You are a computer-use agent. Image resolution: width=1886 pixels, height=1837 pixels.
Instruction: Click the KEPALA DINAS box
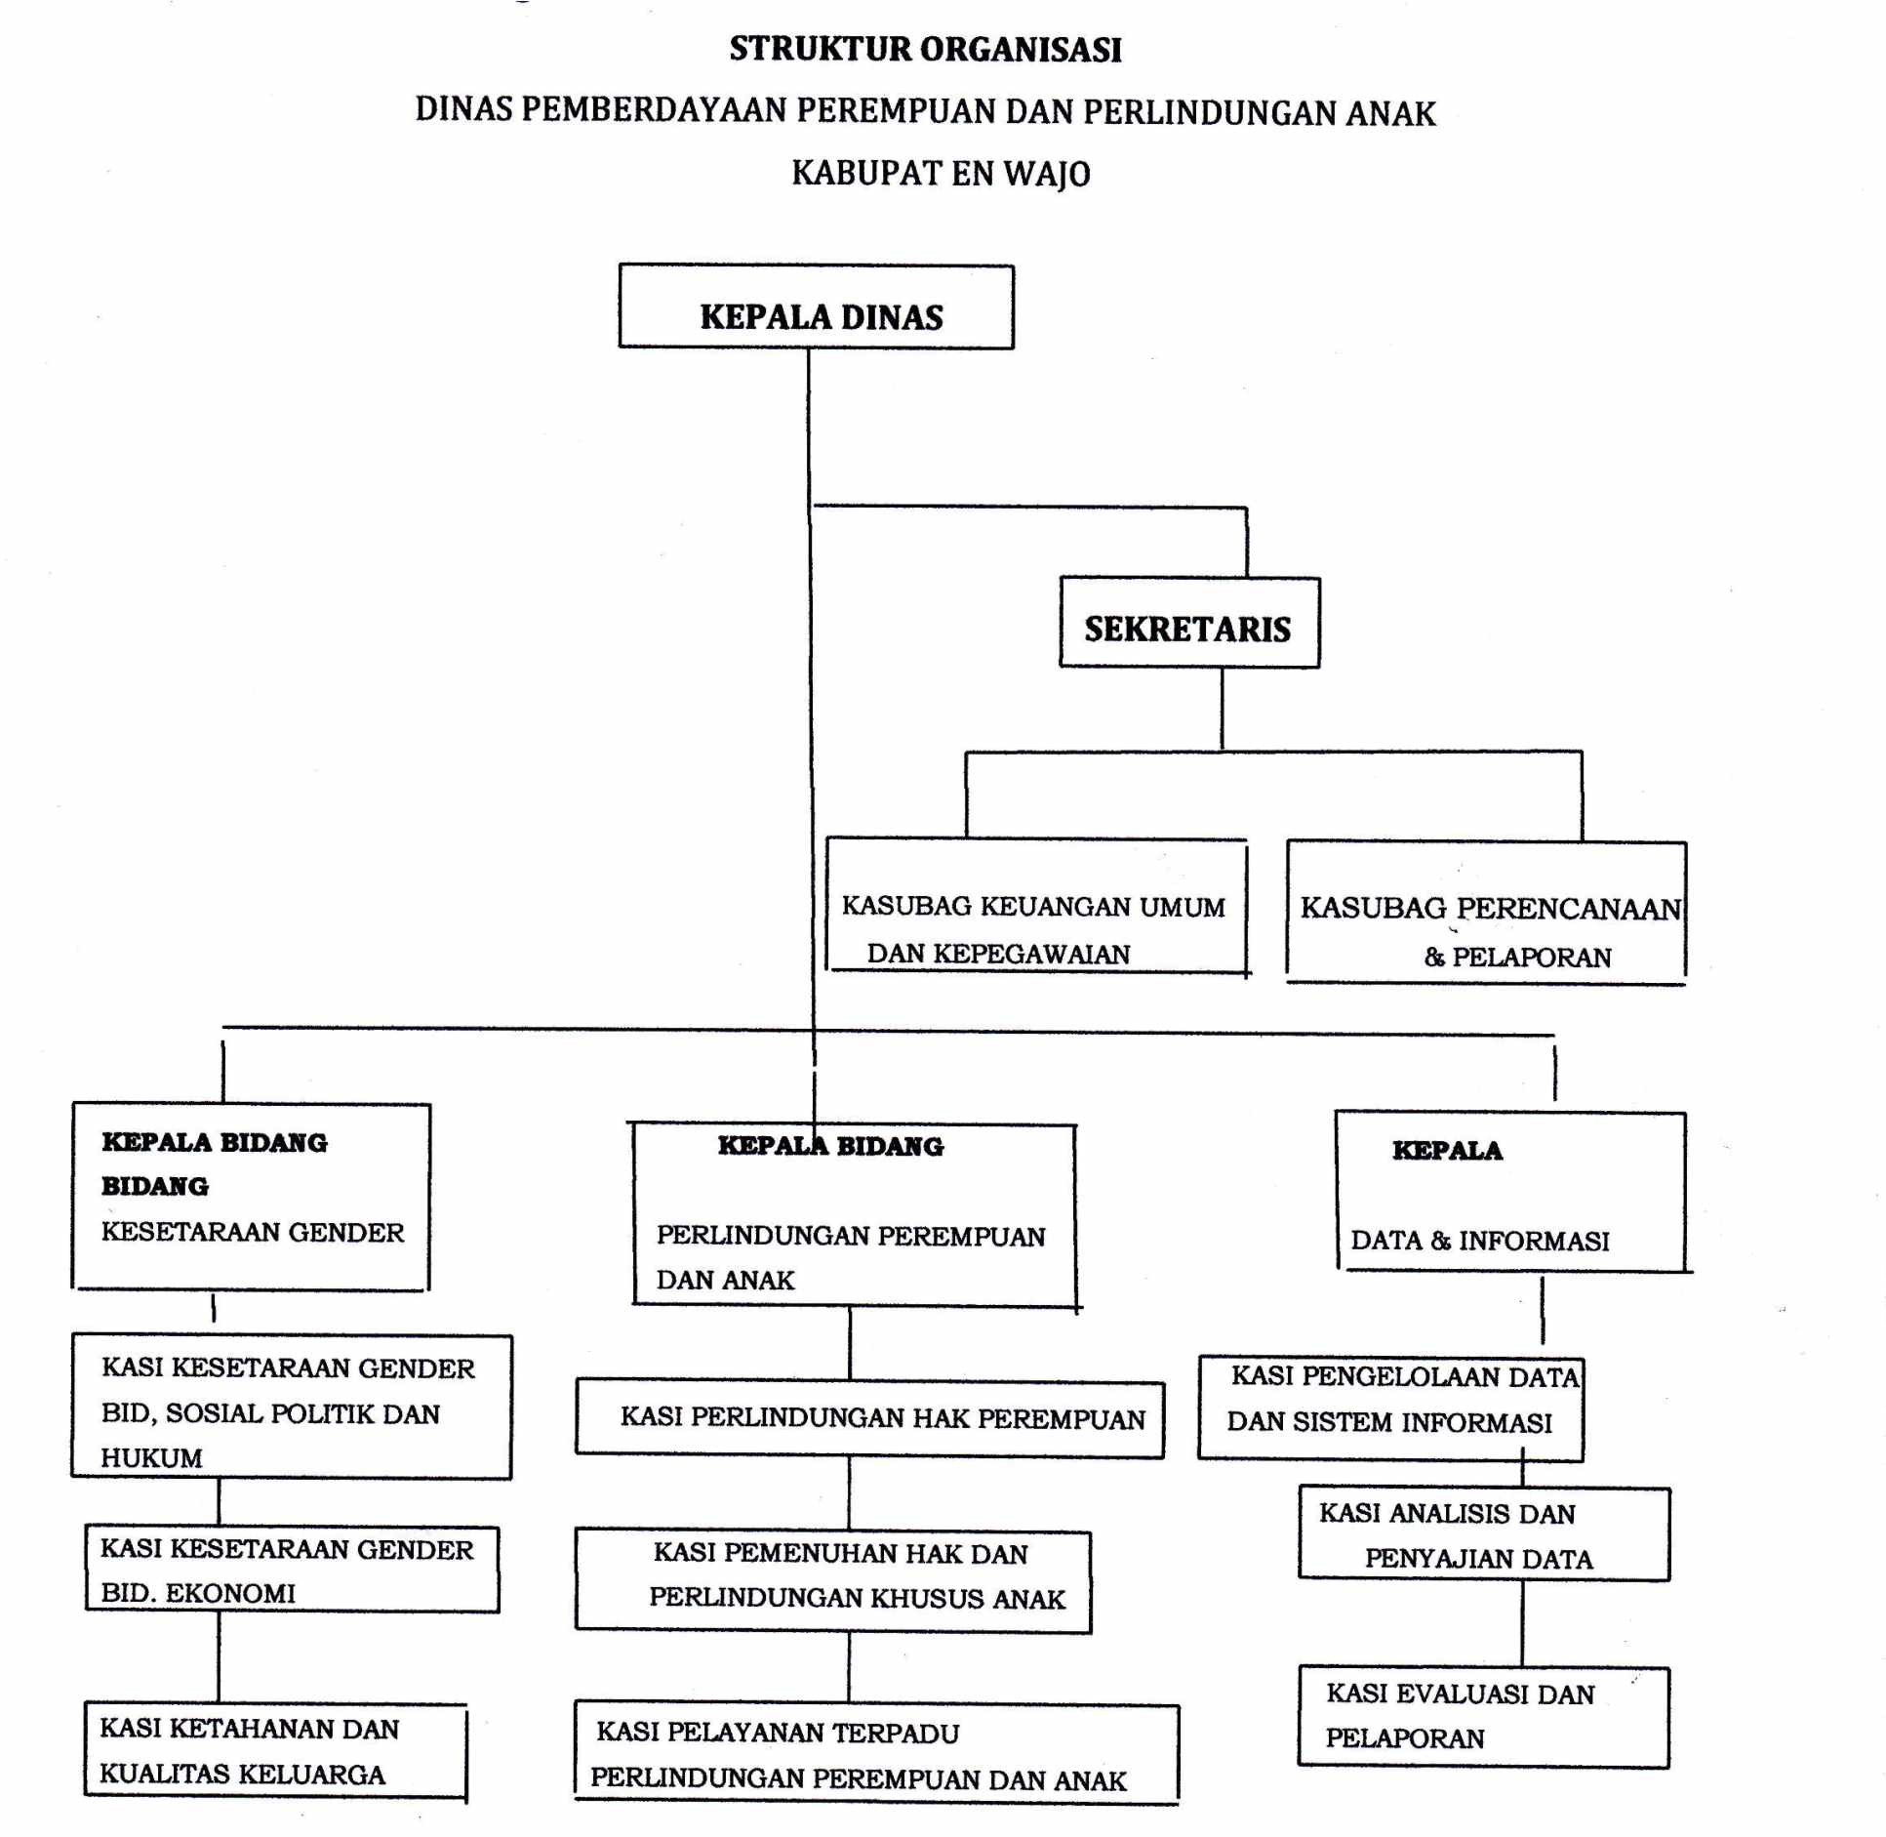pos(816,306)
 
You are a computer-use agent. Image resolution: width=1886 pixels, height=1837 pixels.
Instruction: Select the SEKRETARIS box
pos(1189,622)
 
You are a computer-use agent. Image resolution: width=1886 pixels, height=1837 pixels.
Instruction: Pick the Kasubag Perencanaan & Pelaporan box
pos(1486,912)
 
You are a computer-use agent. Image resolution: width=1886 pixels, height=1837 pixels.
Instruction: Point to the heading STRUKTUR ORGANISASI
pos(925,49)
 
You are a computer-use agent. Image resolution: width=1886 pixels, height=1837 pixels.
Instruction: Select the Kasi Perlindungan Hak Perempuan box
pos(869,1417)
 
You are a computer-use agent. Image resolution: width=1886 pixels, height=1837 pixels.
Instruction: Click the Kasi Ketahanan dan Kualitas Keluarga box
pos(275,1751)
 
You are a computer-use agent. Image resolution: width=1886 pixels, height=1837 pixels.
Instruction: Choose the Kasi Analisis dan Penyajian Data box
pos(1483,1533)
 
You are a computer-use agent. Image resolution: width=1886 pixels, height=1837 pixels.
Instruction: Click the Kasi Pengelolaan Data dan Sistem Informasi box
pos(1389,1408)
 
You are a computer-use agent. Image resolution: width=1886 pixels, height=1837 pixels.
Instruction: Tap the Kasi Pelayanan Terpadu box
pos(876,1753)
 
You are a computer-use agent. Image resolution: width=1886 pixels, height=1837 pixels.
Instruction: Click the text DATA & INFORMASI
pos(1479,1241)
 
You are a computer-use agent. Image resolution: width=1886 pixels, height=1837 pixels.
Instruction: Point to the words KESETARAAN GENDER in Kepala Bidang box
pos(253,1232)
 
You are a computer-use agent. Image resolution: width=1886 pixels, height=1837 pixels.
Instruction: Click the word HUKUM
pos(151,1457)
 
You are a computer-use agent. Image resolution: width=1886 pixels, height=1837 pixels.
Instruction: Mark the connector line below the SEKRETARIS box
pos(1222,709)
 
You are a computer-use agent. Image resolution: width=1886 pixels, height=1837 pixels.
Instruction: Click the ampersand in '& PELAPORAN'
pos(1434,957)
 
